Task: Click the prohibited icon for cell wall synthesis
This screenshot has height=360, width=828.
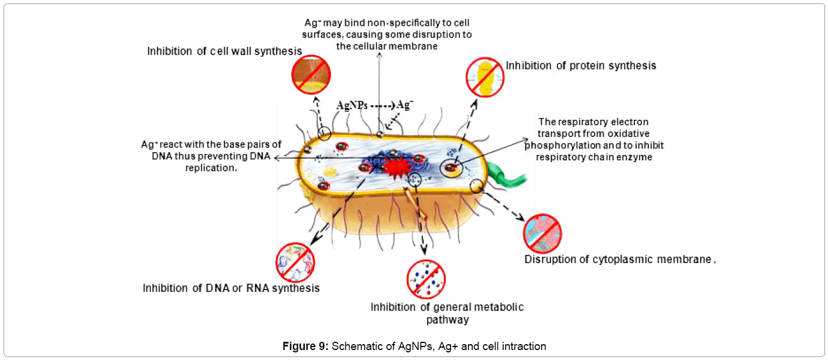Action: tap(311, 75)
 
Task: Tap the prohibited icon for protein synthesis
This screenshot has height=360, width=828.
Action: tap(485, 76)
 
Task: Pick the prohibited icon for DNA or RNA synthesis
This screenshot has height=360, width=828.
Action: tap(295, 263)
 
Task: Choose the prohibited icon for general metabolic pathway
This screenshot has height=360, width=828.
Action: tap(426, 278)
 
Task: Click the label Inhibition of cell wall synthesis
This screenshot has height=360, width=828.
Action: tap(224, 52)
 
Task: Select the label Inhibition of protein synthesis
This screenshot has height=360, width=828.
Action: tap(581, 66)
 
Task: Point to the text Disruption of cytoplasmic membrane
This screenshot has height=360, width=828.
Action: tap(620, 259)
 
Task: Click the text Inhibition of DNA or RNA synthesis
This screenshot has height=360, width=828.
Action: tap(231, 288)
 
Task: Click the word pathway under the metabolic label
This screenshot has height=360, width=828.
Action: tap(447, 320)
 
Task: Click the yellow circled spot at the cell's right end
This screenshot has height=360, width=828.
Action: tap(476, 186)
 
